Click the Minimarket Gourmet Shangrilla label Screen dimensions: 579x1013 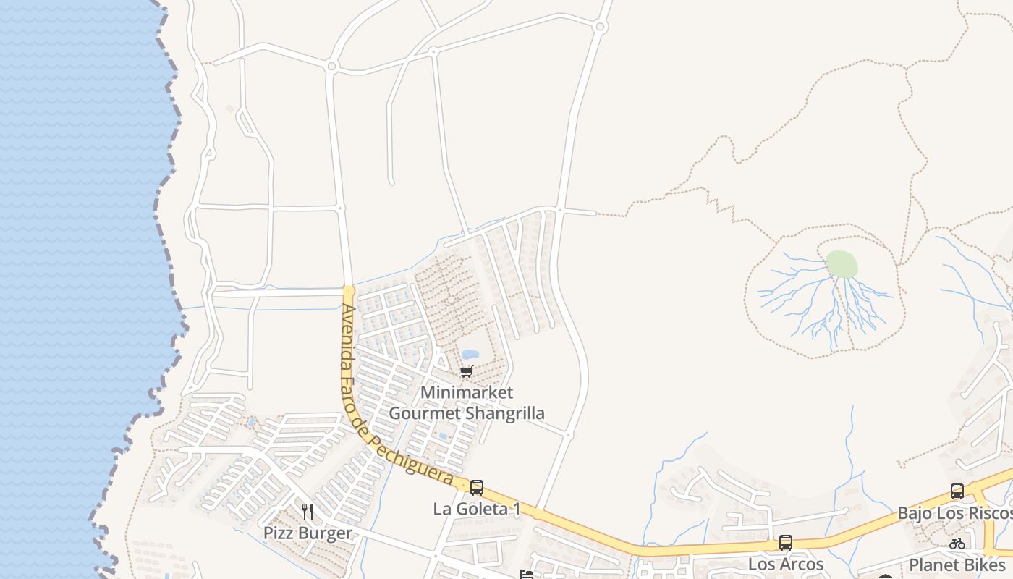[467, 403]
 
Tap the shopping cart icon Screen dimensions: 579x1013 [467, 371]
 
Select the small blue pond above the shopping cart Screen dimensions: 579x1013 [470, 355]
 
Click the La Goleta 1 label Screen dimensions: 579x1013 [477, 509]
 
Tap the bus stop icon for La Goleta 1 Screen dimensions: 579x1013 [477, 488]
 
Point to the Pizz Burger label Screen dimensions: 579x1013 [308, 533]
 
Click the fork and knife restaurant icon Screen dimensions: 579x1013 [308, 512]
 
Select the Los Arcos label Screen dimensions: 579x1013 [786, 564]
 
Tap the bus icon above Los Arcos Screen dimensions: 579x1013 [786, 542]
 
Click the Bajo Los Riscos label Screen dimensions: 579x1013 [954, 513]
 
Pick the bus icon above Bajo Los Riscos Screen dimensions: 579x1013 [957, 491]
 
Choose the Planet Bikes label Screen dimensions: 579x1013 [957, 565]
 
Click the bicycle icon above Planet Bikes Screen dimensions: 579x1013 [957, 544]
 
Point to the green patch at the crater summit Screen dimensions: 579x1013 [842, 264]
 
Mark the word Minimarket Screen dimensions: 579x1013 [467, 393]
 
